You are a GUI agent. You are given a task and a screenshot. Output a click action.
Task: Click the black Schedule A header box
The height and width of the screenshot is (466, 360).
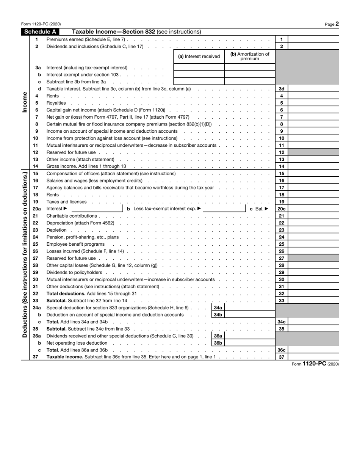click(x=40, y=32)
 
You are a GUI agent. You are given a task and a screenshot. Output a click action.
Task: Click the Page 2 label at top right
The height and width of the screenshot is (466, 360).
click(x=332, y=24)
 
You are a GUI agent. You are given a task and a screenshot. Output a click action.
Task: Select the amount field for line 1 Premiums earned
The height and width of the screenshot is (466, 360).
click(x=313, y=39)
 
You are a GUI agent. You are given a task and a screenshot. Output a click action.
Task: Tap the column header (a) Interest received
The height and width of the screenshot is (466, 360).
click(x=199, y=56)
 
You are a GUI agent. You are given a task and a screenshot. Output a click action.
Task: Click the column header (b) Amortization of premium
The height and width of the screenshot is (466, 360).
click(x=250, y=56)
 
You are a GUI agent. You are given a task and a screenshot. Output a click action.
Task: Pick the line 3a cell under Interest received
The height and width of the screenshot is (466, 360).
click(x=199, y=67)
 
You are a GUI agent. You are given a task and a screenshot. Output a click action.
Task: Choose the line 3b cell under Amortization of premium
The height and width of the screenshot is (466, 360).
click(x=250, y=75)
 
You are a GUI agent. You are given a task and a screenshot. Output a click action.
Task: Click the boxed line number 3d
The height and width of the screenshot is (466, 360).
click(x=282, y=89)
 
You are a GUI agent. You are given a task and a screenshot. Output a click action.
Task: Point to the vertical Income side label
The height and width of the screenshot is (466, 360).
click(x=25, y=102)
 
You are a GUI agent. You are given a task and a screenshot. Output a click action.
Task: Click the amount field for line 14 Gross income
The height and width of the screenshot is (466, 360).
click(x=313, y=166)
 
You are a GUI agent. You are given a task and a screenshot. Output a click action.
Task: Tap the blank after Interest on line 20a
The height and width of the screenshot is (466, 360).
click(x=96, y=209)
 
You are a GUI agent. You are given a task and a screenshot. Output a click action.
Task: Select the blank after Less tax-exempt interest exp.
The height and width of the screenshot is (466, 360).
click(x=224, y=209)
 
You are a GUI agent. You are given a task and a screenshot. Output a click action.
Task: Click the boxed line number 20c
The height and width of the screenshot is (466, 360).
click(x=282, y=209)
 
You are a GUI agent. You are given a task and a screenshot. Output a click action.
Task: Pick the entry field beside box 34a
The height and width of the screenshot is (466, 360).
click(x=249, y=308)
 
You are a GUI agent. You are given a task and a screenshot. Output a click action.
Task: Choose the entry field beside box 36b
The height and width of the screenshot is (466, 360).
click(x=249, y=343)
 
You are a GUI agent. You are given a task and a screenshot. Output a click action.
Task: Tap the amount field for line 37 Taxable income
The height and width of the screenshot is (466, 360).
click(x=313, y=357)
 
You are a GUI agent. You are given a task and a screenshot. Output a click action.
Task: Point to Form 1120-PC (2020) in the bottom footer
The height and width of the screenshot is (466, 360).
click(x=315, y=364)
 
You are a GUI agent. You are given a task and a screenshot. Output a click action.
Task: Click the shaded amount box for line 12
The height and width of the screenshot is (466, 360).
click(x=313, y=152)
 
